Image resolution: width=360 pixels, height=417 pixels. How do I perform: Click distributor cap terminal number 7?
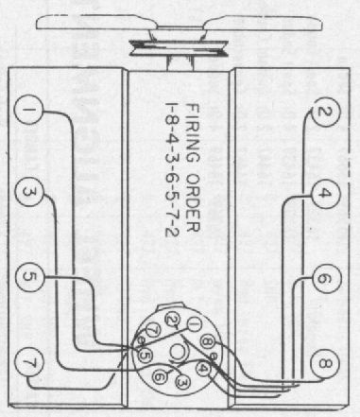151,332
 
